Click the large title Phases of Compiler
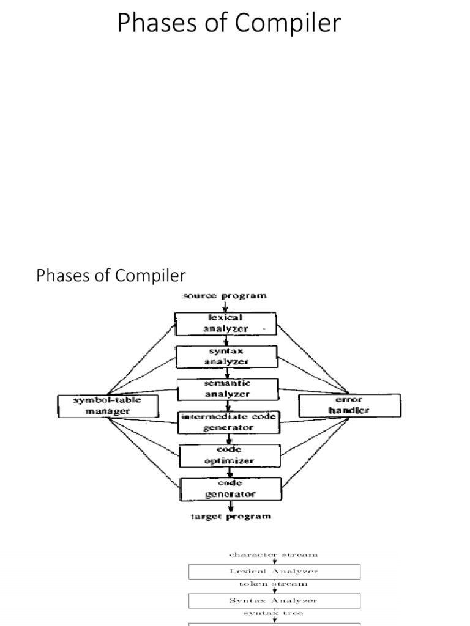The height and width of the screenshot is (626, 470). (228, 24)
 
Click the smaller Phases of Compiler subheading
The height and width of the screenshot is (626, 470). (111, 276)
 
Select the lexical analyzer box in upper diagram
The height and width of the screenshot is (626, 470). (225, 323)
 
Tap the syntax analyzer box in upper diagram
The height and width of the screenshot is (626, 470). (226, 356)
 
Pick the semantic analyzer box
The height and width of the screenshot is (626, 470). (227, 389)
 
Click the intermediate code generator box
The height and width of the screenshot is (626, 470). (228, 422)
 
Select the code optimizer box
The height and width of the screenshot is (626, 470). (229, 455)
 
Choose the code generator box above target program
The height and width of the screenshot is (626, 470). (231, 488)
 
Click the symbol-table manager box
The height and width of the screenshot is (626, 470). (99, 405)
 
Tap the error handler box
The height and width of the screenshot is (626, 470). (349, 405)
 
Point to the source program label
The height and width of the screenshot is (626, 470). (225, 296)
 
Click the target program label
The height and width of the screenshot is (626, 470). (229, 517)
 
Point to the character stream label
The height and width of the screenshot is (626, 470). (274, 554)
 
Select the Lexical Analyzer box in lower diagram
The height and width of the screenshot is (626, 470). (274, 572)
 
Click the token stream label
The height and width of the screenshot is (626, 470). (274, 584)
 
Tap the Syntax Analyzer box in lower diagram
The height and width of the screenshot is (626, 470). (274, 600)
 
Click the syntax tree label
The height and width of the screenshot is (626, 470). (274, 613)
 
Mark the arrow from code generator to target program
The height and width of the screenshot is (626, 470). (231, 506)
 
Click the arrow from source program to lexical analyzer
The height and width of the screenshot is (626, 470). (225, 306)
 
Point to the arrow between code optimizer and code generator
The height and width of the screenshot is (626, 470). (230, 472)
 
